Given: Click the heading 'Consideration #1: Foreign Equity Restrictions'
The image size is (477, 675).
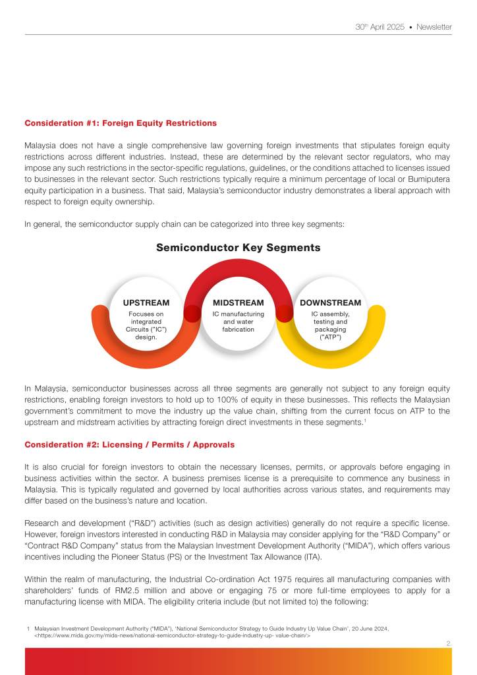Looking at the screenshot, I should coord(121,123).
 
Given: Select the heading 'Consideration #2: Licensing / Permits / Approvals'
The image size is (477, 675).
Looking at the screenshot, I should coord(129,444).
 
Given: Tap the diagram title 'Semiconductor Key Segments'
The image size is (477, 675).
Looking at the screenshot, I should coord(238,248).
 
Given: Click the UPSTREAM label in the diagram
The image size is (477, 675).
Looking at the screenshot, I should coord(146,303).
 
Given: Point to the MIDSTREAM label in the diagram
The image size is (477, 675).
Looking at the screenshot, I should coord(238,303).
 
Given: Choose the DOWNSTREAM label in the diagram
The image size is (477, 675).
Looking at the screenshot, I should coord(330,303).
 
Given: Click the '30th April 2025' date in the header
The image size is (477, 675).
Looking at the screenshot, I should coord(379,27).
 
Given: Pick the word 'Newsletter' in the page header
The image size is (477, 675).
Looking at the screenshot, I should coord(434,27).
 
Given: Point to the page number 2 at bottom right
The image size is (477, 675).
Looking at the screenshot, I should coord(449,642).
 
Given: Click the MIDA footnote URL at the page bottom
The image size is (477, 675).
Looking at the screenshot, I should coord(172,636).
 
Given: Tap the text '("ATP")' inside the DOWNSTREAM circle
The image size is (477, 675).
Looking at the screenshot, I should coord(330,337).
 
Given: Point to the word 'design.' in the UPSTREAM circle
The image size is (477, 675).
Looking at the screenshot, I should coord(146,337).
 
